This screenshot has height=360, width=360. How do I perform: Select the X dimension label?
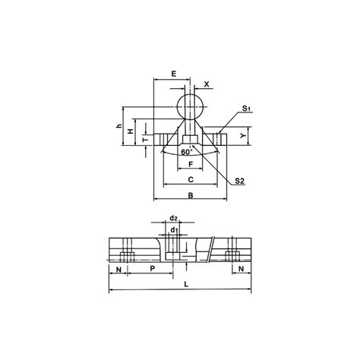pyautogui.click(x=207, y=85)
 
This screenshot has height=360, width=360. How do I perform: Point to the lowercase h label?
pyautogui.click(x=119, y=126)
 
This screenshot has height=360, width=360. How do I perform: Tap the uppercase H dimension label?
pyautogui.click(x=131, y=132)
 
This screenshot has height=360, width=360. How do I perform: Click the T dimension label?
pyautogui.click(x=142, y=141)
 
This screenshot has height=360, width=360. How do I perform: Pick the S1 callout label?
pyautogui.click(x=246, y=111)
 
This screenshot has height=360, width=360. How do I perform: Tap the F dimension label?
pyautogui.click(x=190, y=163)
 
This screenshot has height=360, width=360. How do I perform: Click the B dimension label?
pyautogui.click(x=191, y=195)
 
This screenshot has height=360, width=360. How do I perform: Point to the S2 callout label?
pyautogui.click(x=239, y=181)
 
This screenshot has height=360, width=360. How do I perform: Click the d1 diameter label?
pyautogui.click(x=174, y=229)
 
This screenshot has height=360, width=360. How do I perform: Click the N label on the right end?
pyautogui.click(x=241, y=269)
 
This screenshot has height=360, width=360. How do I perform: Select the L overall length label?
pyautogui.click(x=187, y=285)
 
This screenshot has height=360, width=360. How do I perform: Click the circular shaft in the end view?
pyautogui.click(x=191, y=104)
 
